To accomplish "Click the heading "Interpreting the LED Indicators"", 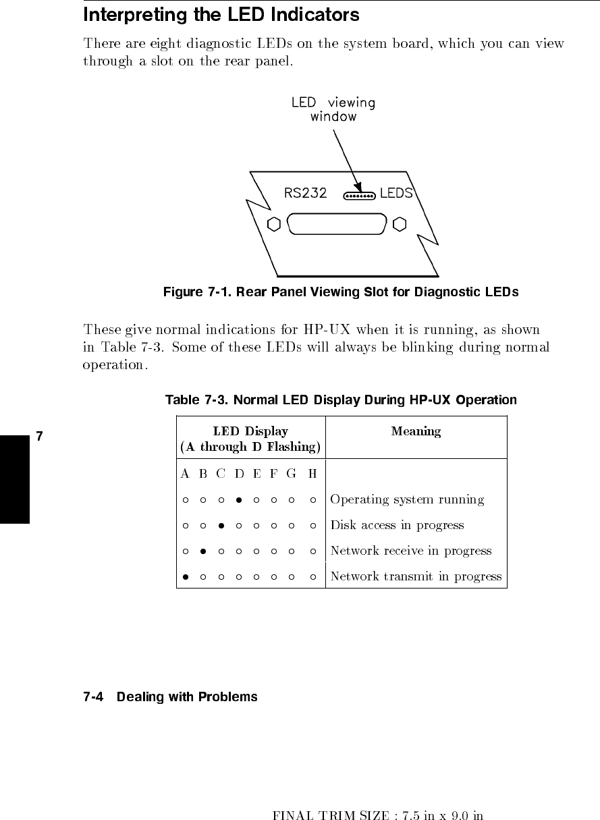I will tap(221, 15).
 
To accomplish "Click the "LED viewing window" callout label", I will tap(333, 109).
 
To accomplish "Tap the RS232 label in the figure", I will tap(305, 193).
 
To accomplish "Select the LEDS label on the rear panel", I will tap(396, 193).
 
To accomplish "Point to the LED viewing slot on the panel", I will tap(359, 196).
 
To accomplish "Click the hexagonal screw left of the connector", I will tap(274, 224).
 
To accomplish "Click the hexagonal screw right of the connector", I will tap(400, 224).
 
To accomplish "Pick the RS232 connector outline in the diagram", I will tap(337, 224).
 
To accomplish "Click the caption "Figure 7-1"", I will tap(341, 292).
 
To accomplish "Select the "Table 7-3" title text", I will tap(341, 400).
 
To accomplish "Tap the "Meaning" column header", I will tap(416, 431).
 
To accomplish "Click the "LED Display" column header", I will tap(250, 439).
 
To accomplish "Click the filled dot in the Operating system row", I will tap(239, 500).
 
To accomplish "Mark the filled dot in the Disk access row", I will tap(221, 526).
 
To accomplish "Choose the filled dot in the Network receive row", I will tap(202, 551).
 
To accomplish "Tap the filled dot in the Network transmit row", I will tap(184, 577).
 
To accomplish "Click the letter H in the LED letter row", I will tap(312, 474).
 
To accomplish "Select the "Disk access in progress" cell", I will tap(397, 525).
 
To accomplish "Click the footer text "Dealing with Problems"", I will tap(187, 696).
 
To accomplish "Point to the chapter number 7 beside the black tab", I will tap(39, 436).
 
